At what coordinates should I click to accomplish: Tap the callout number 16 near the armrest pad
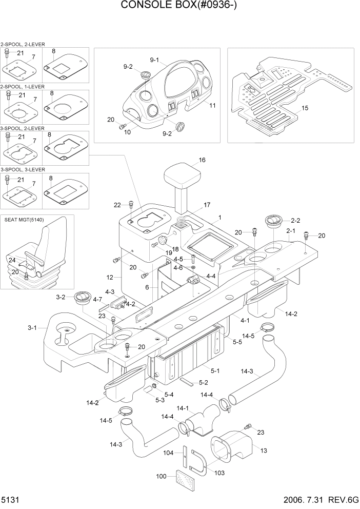pyautogui.click(x=202, y=160)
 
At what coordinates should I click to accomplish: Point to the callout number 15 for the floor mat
pyautogui.click(x=305, y=108)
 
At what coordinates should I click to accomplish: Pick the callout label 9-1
pyautogui.click(x=155, y=60)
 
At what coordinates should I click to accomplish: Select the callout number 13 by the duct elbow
pyautogui.click(x=264, y=451)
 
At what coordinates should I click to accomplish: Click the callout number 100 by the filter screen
pyautogui.click(x=162, y=477)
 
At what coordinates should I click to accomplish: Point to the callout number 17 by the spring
pyautogui.click(x=207, y=205)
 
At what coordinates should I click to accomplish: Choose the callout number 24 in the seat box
pyautogui.click(x=12, y=260)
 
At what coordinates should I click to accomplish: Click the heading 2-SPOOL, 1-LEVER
pyautogui.click(x=23, y=87)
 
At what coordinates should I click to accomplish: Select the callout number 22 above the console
pyautogui.click(x=117, y=205)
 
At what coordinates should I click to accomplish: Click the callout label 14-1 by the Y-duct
pyautogui.click(x=183, y=408)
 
